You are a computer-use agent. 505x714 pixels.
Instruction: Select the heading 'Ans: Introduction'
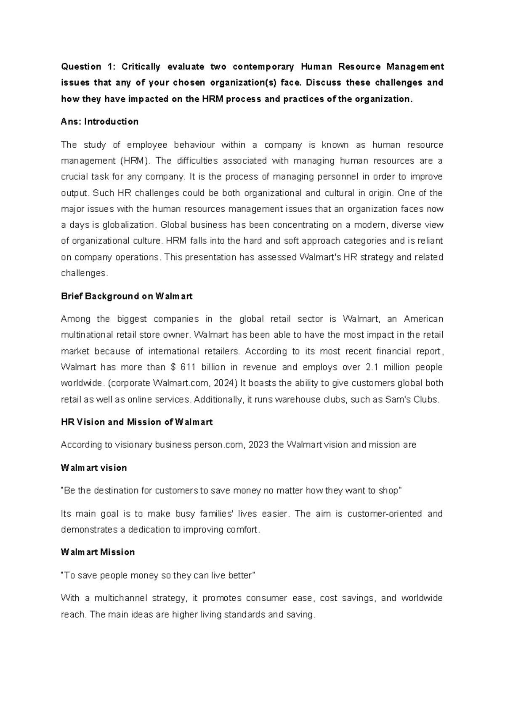[x=100, y=122]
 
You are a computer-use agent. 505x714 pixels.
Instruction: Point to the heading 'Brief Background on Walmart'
[x=127, y=296]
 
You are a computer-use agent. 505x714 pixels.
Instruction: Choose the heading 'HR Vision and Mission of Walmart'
[x=137, y=422]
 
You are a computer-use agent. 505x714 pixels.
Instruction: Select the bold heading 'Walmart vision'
[x=94, y=468]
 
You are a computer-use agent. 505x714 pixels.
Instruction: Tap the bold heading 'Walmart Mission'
[x=98, y=552]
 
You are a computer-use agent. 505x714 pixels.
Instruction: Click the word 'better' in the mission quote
[x=240, y=575]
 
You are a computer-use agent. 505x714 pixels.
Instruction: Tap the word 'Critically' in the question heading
[x=141, y=67]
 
